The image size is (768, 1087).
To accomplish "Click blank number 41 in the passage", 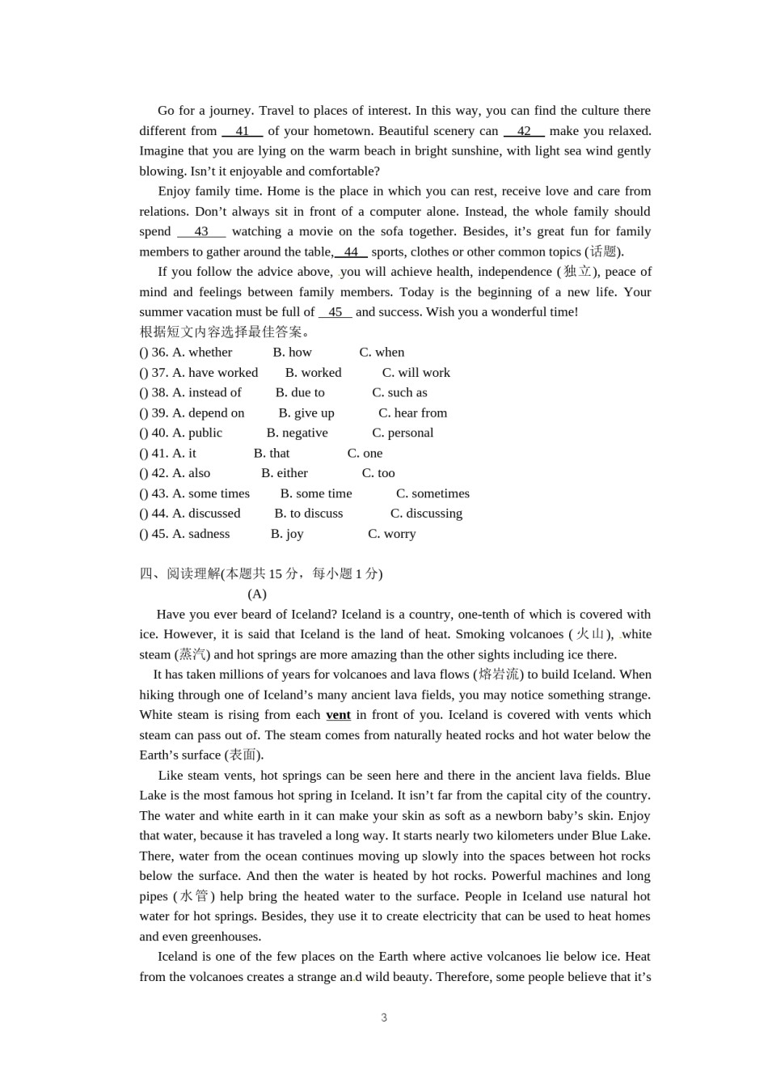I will (x=243, y=131).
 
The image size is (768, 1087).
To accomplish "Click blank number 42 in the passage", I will (x=524, y=131).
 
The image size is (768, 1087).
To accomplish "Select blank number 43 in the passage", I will (x=201, y=231).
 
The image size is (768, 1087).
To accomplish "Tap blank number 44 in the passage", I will (x=351, y=252).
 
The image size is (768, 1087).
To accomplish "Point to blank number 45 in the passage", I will (x=335, y=312).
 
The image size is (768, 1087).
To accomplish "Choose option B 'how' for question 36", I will (x=292, y=353).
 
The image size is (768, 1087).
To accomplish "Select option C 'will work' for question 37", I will (x=416, y=373).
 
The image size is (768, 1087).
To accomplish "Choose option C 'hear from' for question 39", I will (x=412, y=413).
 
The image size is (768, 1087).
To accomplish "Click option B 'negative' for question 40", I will (x=297, y=434).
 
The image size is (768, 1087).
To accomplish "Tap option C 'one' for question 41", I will (x=365, y=454).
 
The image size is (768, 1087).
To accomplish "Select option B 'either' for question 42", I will (x=285, y=473).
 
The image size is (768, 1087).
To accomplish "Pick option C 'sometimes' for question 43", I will (x=433, y=493).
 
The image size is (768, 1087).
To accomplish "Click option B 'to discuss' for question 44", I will (x=308, y=514).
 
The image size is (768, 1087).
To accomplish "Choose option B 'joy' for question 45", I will (x=287, y=534).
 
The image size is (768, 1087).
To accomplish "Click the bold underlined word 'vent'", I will (x=338, y=715).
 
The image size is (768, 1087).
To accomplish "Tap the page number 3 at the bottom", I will (x=384, y=1017).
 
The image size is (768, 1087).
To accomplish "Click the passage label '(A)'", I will (x=257, y=594).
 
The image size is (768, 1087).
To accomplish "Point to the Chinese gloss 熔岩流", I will (x=499, y=675).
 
